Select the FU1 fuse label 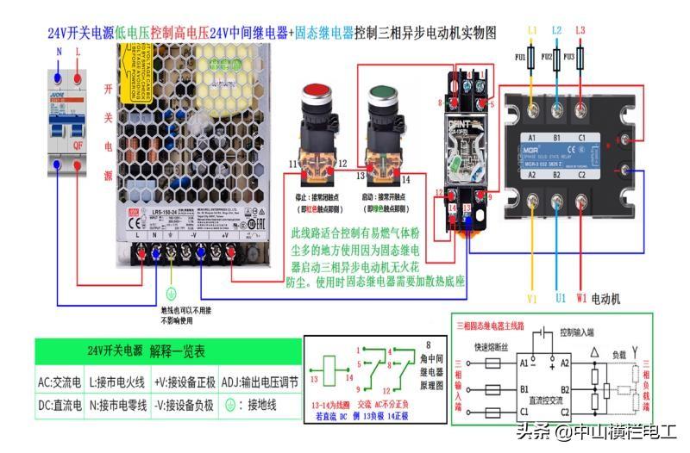519,59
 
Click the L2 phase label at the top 556,31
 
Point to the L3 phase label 580,31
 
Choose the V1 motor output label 532,299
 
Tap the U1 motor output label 558,299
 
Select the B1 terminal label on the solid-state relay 557,138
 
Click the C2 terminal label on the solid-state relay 583,174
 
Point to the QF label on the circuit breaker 78,146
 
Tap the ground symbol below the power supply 171,293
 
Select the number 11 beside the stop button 293,163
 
